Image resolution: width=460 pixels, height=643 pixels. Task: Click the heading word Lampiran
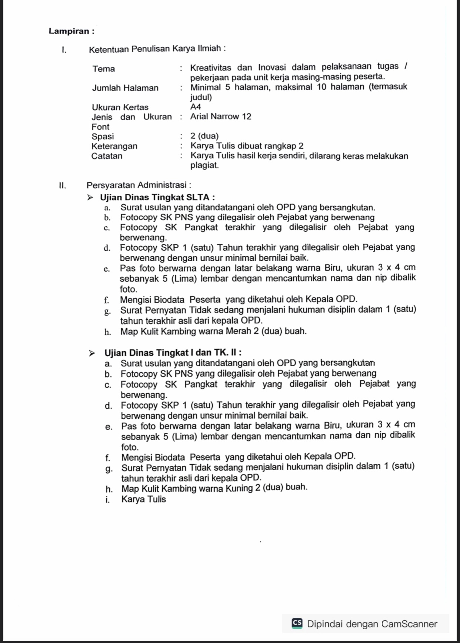pos(69,31)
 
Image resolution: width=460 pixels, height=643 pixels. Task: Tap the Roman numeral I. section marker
pos(64,50)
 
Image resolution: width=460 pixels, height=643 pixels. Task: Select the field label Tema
pos(104,69)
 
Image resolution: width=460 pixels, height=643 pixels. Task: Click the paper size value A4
pos(196,107)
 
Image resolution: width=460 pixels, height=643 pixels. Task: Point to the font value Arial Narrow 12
pos(221,116)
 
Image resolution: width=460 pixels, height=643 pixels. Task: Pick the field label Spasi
pos(103,136)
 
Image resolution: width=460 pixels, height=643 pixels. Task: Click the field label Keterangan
pos(114,146)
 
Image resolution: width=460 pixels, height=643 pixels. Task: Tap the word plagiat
pos(204,166)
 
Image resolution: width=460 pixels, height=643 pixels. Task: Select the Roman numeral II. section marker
pos(63,185)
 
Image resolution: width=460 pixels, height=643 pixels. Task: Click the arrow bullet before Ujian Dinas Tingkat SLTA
pos(90,198)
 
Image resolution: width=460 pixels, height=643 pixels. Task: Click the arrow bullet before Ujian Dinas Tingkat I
pos(92,353)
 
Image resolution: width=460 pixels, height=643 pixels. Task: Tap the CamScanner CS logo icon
pos(297,624)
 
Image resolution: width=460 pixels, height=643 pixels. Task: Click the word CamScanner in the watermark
pos(409,624)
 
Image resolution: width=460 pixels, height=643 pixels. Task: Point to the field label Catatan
pos(107,156)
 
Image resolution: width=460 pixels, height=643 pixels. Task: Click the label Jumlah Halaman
pos(125,88)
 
